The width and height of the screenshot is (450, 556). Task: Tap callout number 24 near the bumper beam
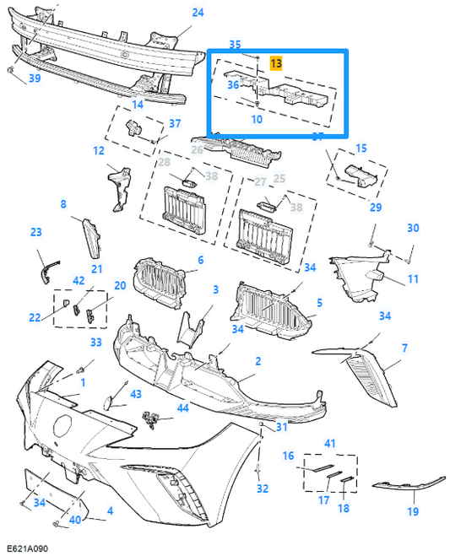pos(198,13)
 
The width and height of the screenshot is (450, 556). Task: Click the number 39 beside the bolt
pos(35,78)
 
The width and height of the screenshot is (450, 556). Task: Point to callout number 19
pos(413,511)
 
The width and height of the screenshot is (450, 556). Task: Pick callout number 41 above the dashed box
pos(329,442)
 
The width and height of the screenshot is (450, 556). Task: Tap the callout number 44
pos(182,408)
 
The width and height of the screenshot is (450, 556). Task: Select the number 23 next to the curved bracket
pos(35,231)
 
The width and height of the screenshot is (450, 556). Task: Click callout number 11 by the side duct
pos(413,278)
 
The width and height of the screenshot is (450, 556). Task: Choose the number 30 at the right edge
pos(413,228)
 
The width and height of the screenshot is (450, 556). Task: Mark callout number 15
pos(361,148)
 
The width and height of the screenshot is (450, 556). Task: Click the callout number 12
pos(99,151)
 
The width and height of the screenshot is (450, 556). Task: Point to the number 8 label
pos(62,204)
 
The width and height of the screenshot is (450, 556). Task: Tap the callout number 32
pos(263,489)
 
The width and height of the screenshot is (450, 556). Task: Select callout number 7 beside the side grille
pos(404,348)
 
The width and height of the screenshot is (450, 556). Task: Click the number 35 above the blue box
pos(235,44)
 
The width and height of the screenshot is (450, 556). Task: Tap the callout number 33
pos(95,342)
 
